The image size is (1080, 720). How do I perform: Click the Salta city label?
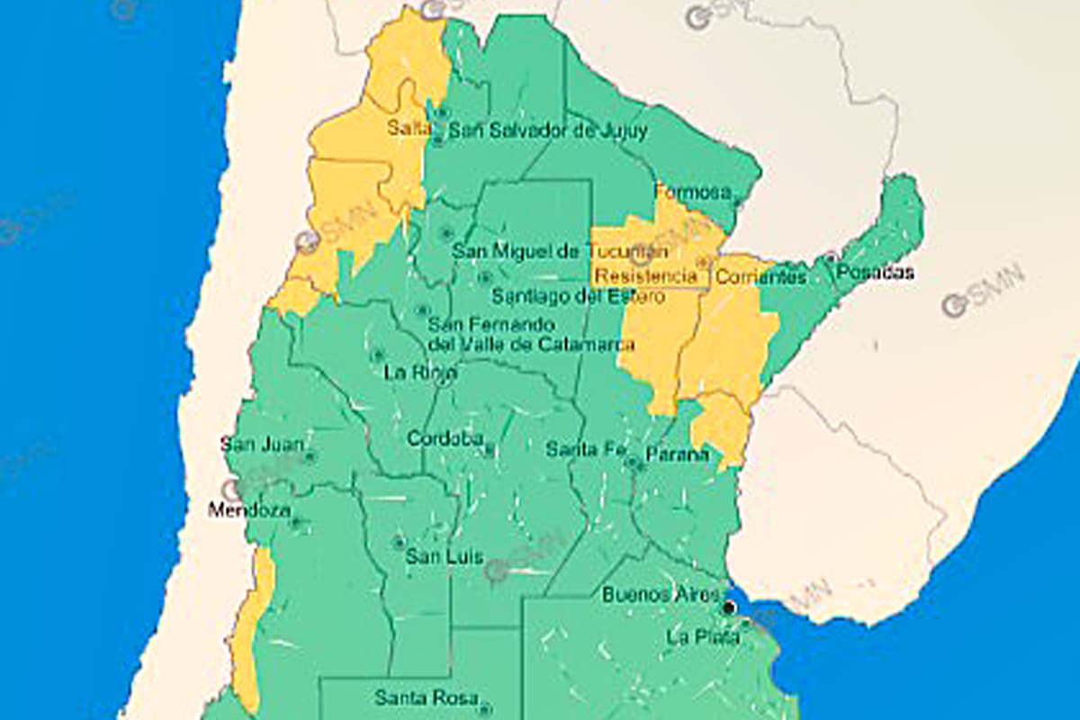(409, 127)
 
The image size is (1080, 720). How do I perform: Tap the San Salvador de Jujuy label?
(548, 131)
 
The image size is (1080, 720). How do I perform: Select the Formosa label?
(691, 192)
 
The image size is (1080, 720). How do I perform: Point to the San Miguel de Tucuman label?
(560, 252)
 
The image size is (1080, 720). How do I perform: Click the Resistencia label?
(646, 276)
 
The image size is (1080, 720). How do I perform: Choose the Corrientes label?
(760, 276)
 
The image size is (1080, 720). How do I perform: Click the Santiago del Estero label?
(579, 296)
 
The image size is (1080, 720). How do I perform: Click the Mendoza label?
(249, 511)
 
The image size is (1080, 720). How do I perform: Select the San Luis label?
(445, 557)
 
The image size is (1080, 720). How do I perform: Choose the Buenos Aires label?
(661, 595)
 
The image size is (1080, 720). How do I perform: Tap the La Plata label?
(703, 637)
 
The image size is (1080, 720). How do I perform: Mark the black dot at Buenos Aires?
(729, 608)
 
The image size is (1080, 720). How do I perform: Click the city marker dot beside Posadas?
(831, 257)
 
